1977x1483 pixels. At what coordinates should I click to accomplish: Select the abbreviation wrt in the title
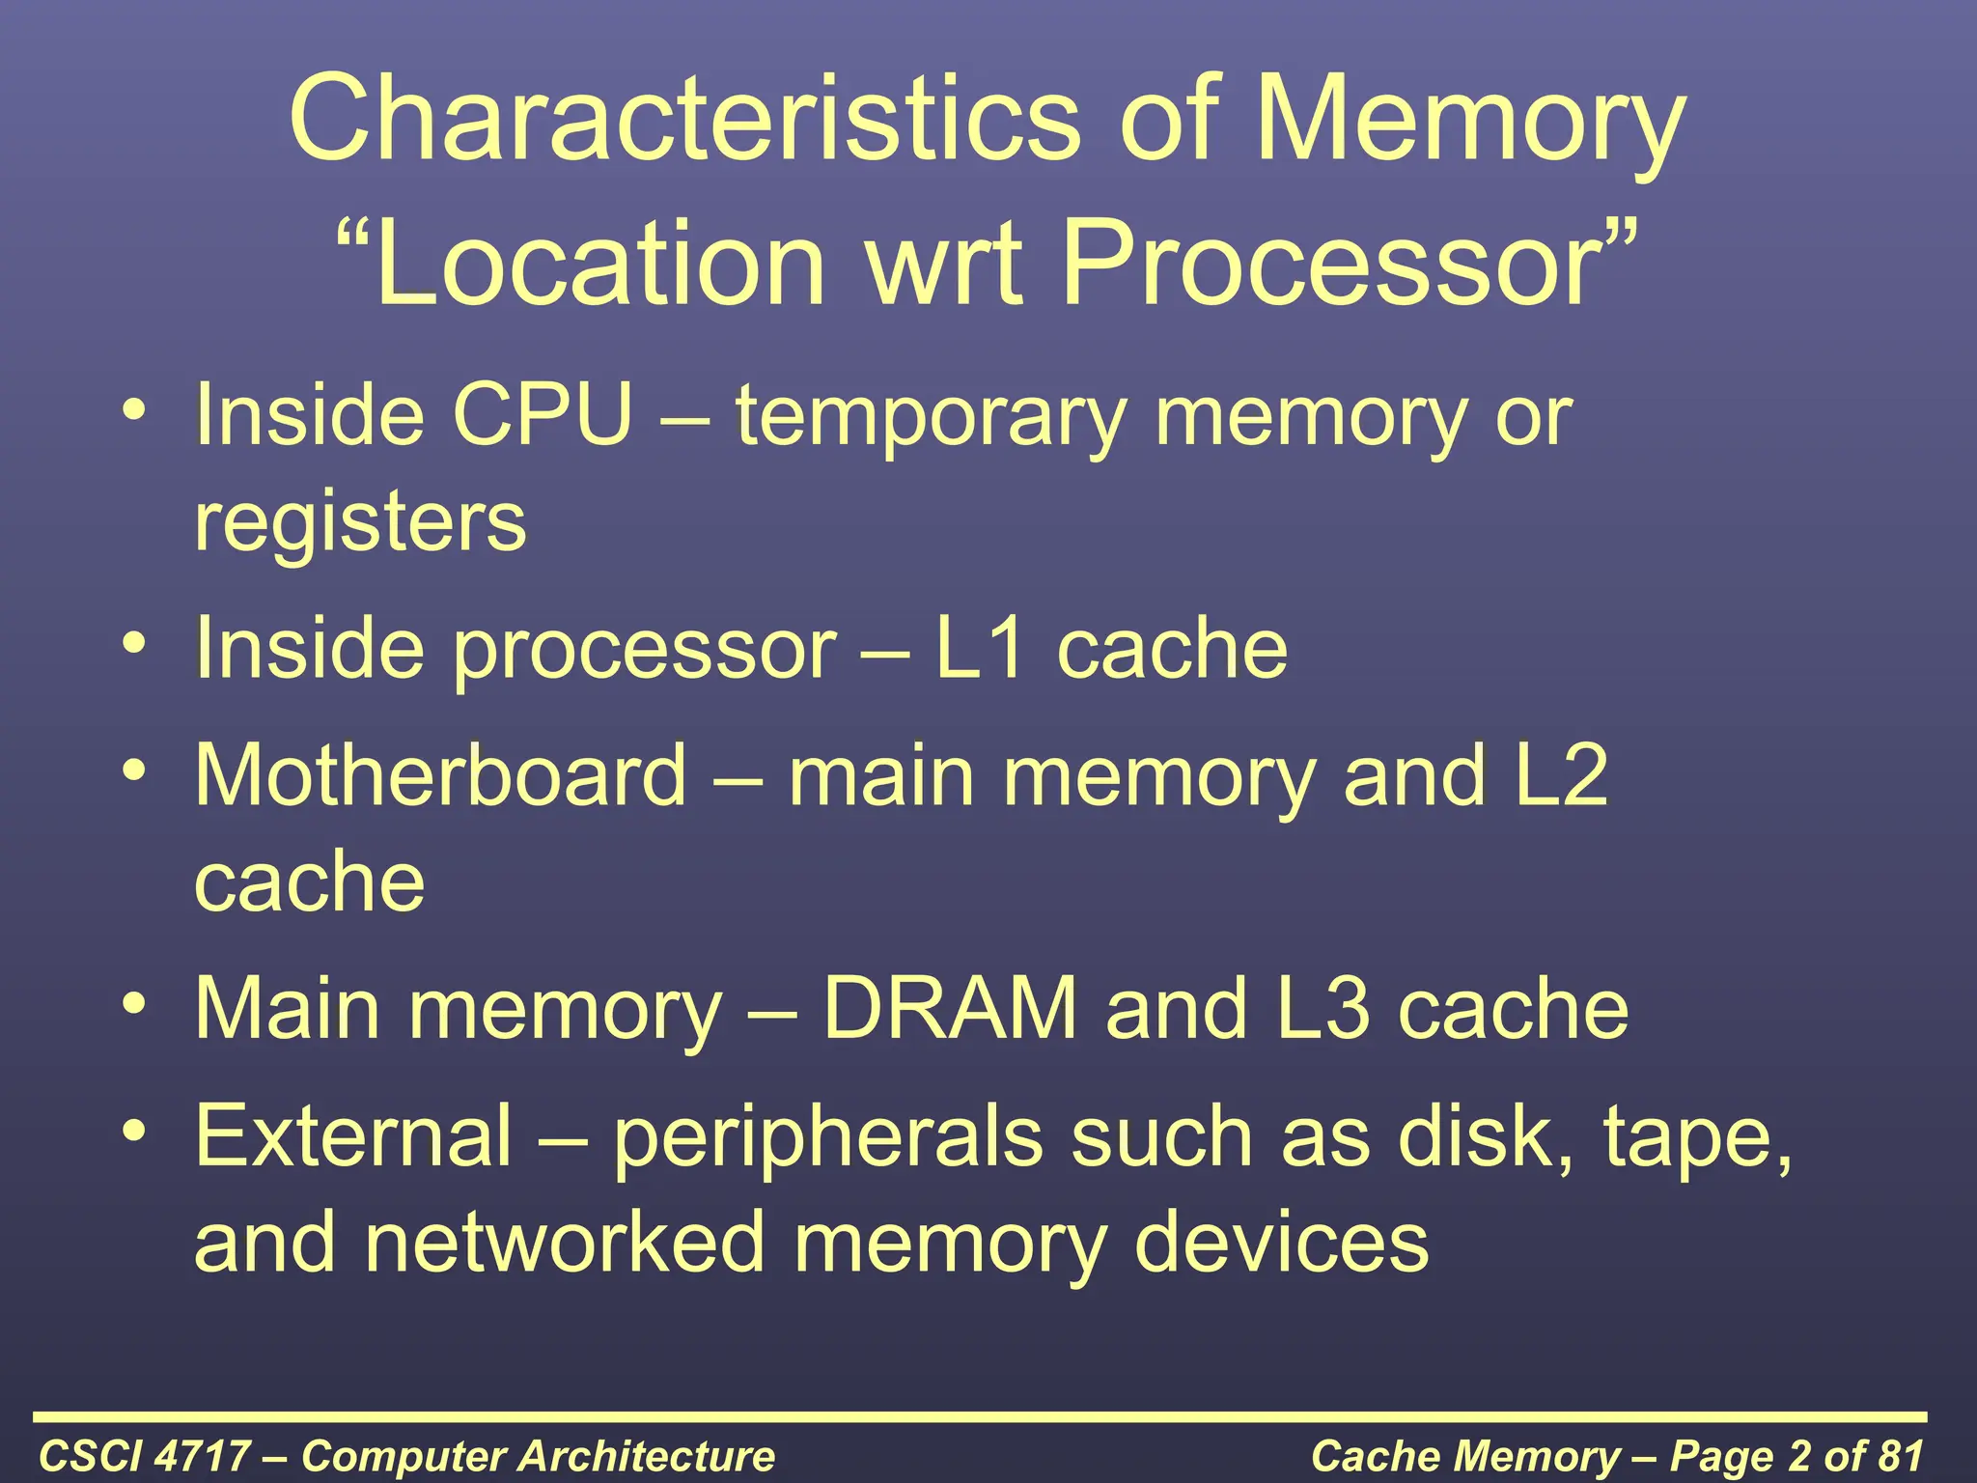point(945,263)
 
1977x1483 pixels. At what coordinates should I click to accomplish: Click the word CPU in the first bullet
point(543,416)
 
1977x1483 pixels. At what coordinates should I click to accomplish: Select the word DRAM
point(949,1009)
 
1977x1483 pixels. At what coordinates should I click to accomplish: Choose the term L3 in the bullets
point(1323,1009)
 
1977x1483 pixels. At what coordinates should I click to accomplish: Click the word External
point(353,1136)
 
